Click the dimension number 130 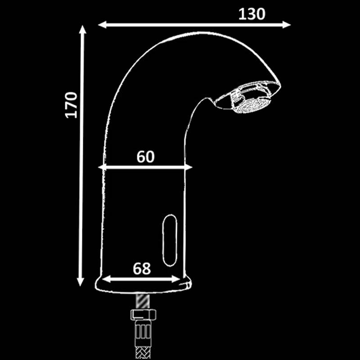point(252,14)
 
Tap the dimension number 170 point(71,105)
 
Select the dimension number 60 point(145,157)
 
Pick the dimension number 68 point(142,268)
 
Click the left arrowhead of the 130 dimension point(102,25)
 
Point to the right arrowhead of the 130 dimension point(287,25)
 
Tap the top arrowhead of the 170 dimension point(83,29)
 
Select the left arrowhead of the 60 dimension point(102,167)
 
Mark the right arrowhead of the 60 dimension point(188,167)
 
